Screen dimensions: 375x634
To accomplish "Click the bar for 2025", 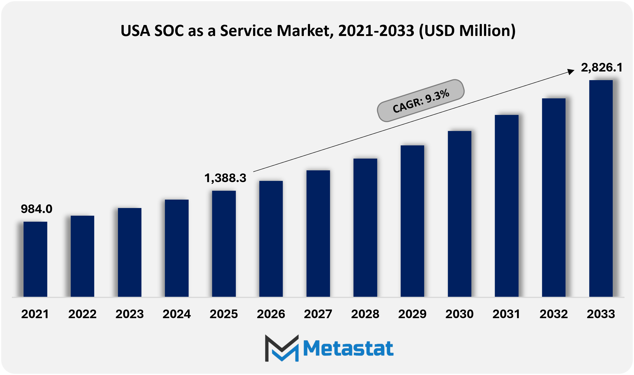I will pyautogui.click(x=224, y=244).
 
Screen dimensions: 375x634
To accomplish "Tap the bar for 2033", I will pyautogui.click(x=601, y=188).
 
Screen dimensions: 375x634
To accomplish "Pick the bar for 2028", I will pyautogui.click(x=365, y=227).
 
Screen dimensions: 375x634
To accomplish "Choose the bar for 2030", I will pyautogui.click(x=459, y=214).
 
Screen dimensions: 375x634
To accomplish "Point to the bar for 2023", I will pyautogui.click(x=129, y=252).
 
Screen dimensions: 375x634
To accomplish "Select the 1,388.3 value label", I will pyautogui.click(x=225, y=178).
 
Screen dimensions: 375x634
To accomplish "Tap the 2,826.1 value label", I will pyautogui.click(x=602, y=68).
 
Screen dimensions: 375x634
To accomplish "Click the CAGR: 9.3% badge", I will pyautogui.click(x=421, y=101).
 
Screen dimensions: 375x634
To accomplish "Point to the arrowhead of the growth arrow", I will pyautogui.click(x=571, y=71).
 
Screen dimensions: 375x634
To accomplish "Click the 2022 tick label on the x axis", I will pyautogui.click(x=82, y=314).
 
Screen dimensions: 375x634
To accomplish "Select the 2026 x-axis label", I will pyautogui.click(x=271, y=314).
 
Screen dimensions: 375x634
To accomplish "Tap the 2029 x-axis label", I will pyautogui.click(x=412, y=314).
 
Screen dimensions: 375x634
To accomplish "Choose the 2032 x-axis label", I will pyautogui.click(x=553, y=314).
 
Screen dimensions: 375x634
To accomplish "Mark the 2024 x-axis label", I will pyautogui.click(x=177, y=314).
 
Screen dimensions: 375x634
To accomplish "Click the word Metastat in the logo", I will pyautogui.click(x=348, y=349).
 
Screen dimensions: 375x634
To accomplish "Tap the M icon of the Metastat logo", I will pyautogui.click(x=282, y=348).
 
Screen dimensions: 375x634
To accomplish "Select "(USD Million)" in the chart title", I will pyautogui.click(x=467, y=31).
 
